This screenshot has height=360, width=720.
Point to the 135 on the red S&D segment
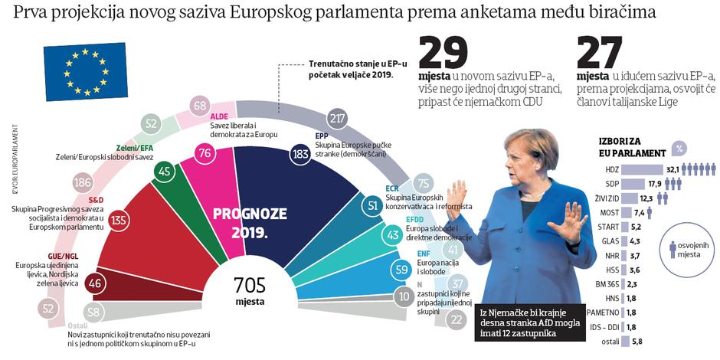coord(119,221)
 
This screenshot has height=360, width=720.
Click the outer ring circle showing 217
coord(335,118)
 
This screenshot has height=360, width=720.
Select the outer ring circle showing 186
coord(83,182)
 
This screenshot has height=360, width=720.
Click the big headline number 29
coord(442,54)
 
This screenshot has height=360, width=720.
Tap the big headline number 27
coord(602,54)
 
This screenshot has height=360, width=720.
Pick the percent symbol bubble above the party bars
coord(677,149)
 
